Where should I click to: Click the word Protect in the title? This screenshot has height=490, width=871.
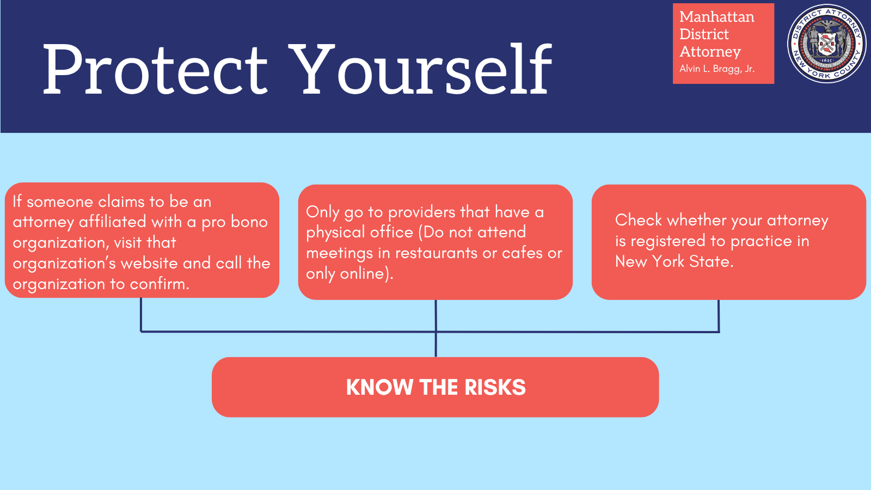coord(155,69)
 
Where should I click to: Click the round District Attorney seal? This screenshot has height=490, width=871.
coord(826,43)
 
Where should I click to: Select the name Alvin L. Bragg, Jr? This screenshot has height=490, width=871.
coord(717,69)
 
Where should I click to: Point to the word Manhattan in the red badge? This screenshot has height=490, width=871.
coord(717,17)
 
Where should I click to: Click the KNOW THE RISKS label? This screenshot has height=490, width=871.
coord(436,387)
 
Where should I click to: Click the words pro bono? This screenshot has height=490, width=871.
coord(235,222)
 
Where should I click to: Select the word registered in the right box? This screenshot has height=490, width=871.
coord(668,242)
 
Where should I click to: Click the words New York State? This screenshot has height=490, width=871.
coord(674,261)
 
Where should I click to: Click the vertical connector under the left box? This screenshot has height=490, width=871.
coord(141,315)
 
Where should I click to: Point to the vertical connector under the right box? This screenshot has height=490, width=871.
coord(719,316)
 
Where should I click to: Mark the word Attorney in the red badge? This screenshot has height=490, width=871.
coord(710,52)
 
